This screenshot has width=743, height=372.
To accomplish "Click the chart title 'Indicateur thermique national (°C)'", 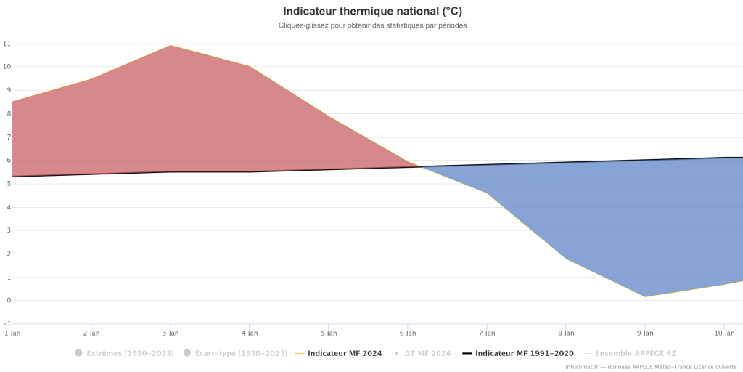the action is (372, 11).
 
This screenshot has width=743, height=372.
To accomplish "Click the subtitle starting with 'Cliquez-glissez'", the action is (372, 25).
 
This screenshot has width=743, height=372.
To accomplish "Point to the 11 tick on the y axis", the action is (7, 43).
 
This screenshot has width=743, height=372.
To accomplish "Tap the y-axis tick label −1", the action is (7, 323).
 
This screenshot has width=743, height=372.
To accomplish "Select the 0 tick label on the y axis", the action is (9, 300).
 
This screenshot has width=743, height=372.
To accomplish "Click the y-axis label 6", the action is (9, 161).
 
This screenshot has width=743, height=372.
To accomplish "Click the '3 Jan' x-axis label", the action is (171, 333).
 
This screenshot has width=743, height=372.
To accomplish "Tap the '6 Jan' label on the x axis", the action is (408, 333).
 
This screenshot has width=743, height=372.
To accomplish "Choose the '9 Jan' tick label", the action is (645, 333).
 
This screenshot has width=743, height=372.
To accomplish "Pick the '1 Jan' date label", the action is (12, 333).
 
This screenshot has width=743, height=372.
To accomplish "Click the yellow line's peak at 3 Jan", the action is (171, 46).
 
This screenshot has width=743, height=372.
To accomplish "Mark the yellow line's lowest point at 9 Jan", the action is (645, 297).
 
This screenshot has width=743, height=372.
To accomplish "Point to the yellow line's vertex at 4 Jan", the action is (250, 66).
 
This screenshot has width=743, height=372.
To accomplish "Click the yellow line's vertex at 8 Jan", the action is (566, 259).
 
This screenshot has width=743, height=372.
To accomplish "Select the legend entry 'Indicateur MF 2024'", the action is (338, 354).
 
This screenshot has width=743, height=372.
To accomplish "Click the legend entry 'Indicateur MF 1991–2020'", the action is (518, 354).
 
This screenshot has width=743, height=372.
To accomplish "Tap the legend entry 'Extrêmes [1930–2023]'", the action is (124, 354).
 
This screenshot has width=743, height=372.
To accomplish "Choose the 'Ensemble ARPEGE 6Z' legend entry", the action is (629, 354).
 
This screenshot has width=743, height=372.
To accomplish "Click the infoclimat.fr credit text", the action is (653, 367).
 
